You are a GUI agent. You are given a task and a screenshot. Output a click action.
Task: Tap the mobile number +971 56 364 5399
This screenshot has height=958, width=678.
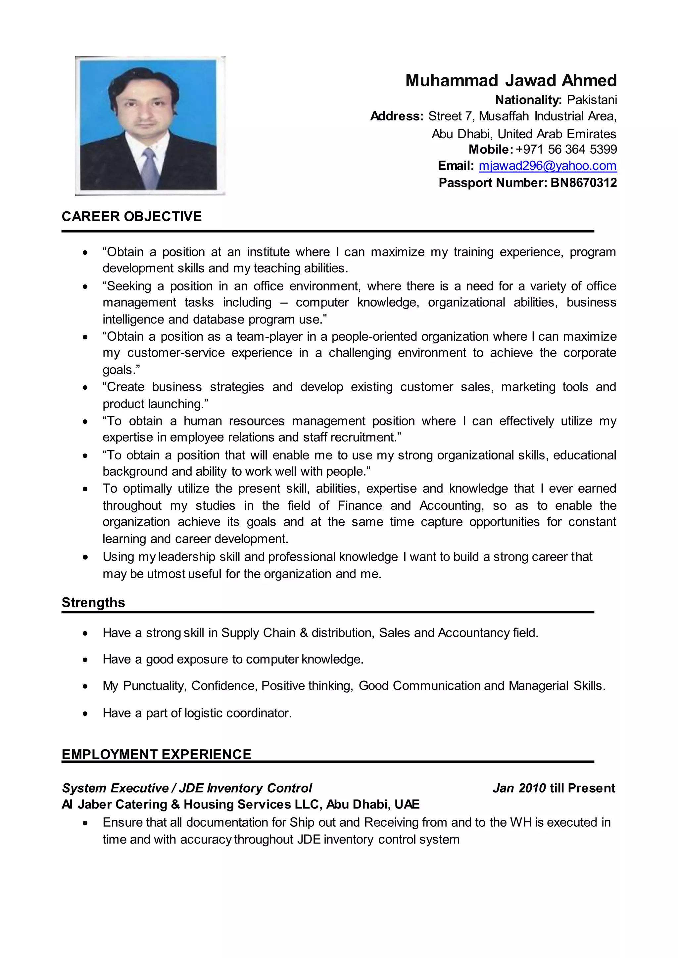tap(566, 150)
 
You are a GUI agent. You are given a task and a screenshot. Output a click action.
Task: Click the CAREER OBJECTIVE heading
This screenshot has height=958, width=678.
tap(131, 217)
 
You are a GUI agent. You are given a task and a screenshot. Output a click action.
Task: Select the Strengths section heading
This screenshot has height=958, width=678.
tap(93, 602)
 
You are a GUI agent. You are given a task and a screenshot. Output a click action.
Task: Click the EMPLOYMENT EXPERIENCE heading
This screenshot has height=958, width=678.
tap(156, 754)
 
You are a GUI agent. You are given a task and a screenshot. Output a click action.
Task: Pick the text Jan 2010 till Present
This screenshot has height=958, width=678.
tap(554, 788)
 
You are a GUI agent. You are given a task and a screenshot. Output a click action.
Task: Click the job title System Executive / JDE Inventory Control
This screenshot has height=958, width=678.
tap(187, 788)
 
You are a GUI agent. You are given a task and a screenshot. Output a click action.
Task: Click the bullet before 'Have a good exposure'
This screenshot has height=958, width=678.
tap(85, 660)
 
